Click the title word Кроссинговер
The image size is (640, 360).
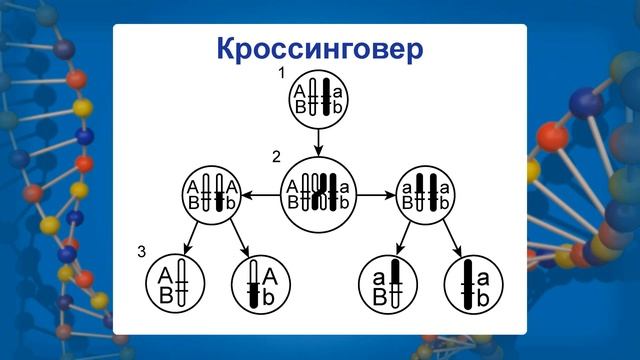319,48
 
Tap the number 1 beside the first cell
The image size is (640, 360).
282,74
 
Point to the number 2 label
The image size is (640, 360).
276,157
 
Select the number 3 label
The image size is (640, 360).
142,250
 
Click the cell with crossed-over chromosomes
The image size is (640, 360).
318,192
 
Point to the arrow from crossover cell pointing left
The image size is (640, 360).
263,193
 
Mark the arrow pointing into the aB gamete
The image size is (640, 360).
401,237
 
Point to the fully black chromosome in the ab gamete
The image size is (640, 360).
467,283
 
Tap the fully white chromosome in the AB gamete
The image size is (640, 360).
181,283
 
